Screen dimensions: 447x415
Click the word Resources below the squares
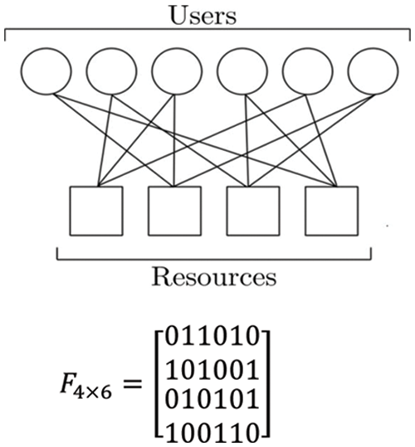(214, 275)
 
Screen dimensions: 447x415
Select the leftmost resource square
(95, 211)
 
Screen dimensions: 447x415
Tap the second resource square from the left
(174, 211)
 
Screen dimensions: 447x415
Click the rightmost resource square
(332, 211)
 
